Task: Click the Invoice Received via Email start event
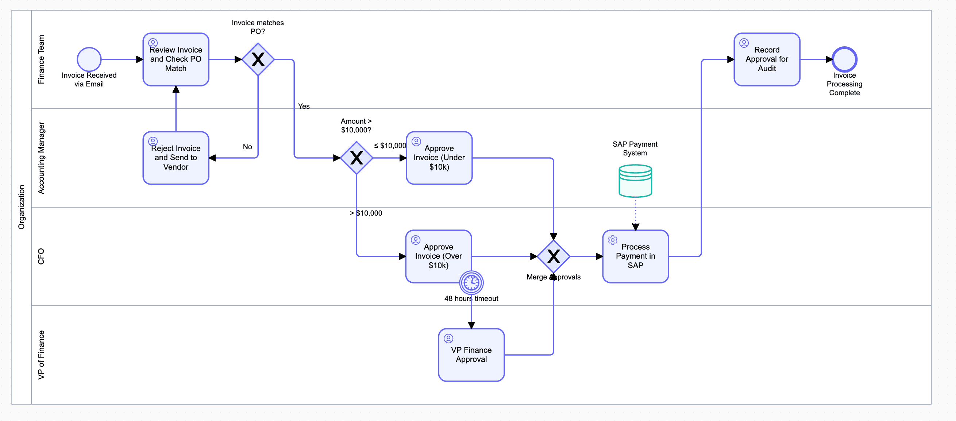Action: point(89,59)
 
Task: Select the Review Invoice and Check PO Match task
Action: point(176,59)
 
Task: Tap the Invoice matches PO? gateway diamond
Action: point(258,59)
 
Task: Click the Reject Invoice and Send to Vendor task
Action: point(176,158)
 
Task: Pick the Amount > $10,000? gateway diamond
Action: point(356,158)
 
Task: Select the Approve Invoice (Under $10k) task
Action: point(439,158)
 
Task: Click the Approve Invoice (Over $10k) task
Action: point(438,256)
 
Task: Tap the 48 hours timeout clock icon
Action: point(471,283)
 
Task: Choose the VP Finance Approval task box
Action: point(471,355)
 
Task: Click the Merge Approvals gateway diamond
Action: point(553,256)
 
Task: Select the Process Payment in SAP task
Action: point(635,256)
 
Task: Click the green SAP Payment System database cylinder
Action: point(635,181)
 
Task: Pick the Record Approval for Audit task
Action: point(767,59)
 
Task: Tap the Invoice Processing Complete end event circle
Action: point(844,59)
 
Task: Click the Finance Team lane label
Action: point(41,59)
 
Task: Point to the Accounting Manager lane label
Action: point(41,158)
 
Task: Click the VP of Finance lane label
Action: point(41,355)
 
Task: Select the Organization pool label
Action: point(22,207)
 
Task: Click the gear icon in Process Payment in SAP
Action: point(613,240)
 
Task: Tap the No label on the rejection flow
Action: point(247,147)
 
